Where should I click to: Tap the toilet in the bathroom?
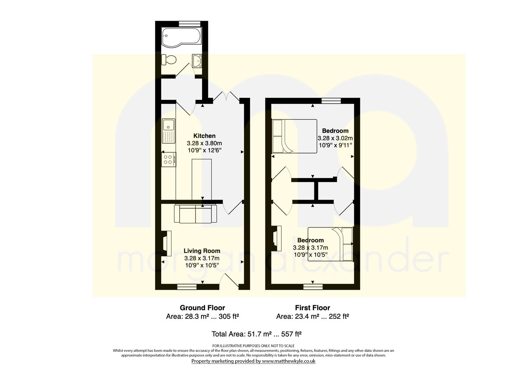(x=169, y=60)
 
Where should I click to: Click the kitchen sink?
(x=169, y=131)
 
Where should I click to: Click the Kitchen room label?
(x=204, y=136)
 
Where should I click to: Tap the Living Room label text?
(x=202, y=251)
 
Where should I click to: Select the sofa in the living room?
(x=196, y=214)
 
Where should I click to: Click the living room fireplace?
(x=166, y=243)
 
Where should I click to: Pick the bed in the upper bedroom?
(x=294, y=136)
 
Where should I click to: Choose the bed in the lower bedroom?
(x=330, y=244)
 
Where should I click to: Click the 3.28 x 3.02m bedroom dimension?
(x=335, y=138)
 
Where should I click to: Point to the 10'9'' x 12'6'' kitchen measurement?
(x=204, y=150)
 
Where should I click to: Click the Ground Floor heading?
(x=202, y=308)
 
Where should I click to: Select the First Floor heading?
(x=312, y=308)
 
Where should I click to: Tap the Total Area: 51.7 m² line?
(x=256, y=334)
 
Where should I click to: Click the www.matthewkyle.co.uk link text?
(x=289, y=361)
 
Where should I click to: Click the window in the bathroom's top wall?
(x=190, y=24)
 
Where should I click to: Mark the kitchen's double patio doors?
(x=226, y=96)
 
